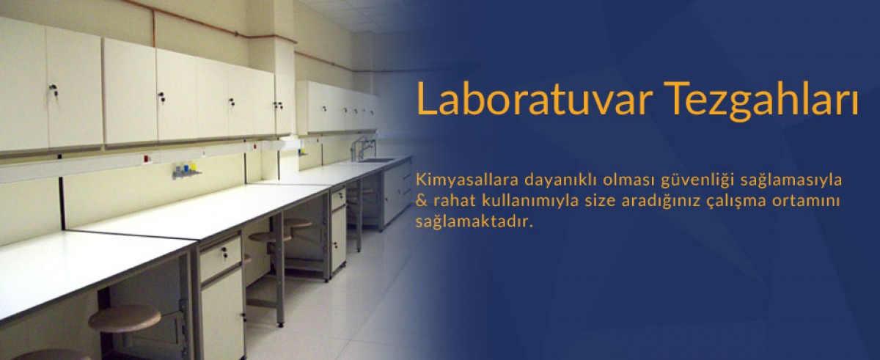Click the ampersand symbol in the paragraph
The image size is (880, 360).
420,201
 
